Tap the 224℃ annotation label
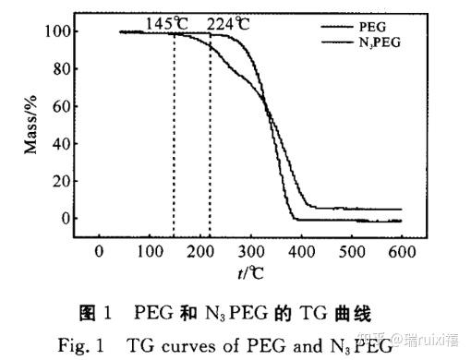[227, 22]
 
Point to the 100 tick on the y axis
[58, 32]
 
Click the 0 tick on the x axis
[100, 252]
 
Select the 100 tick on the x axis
[150, 252]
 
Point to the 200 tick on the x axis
[200, 252]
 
